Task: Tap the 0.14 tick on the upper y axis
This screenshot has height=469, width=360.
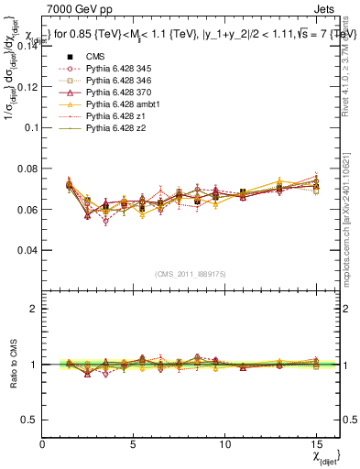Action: pos(29,45)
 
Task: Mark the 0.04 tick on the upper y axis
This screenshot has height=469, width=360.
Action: pos(29,250)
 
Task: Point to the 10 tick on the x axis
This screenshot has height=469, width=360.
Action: pos(226,443)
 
